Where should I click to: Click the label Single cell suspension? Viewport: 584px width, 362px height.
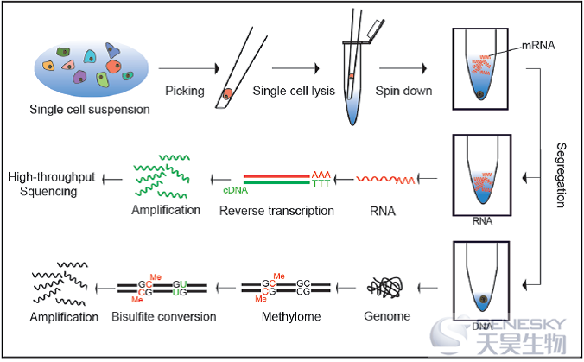click(x=90, y=110)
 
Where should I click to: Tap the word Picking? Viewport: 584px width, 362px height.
click(x=185, y=91)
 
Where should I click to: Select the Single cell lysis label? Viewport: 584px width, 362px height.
click(x=294, y=91)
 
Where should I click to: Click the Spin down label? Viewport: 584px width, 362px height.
click(x=403, y=91)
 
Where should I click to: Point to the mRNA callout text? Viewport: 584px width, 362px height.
click(x=538, y=46)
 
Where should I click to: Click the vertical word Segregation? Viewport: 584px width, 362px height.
click(x=561, y=175)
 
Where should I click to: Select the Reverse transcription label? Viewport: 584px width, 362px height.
click(x=276, y=211)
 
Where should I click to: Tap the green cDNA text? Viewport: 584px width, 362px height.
click(x=235, y=190)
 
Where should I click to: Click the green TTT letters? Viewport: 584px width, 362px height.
click(x=321, y=184)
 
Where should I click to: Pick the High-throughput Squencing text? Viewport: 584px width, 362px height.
click(x=51, y=184)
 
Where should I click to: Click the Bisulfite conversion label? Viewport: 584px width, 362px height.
click(x=164, y=316)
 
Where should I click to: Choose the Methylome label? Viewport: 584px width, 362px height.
click(x=291, y=316)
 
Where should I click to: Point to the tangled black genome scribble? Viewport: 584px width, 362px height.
click(x=384, y=288)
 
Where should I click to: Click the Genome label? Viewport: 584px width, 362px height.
click(x=387, y=316)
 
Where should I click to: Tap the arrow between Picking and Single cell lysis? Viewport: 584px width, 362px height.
click(x=295, y=68)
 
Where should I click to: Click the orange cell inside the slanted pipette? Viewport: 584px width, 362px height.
click(x=227, y=94)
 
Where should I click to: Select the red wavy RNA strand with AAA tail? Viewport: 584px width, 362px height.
click(x=385, y=180)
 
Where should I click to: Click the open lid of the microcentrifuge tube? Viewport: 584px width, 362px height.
click(x=376, y=29)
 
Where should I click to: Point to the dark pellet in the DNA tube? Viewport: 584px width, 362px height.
click(x=484, y=299)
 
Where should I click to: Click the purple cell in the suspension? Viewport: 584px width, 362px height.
click(x=79, y=77)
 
